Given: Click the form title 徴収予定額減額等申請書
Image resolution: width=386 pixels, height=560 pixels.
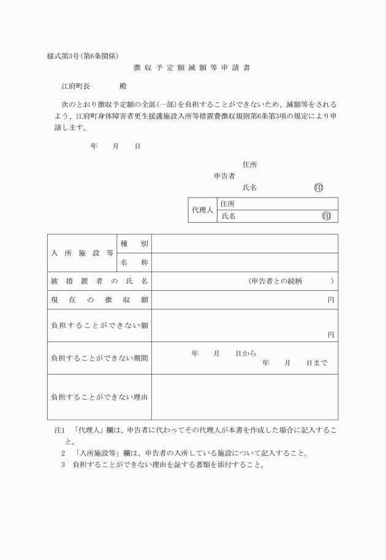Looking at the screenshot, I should [x=192, y=67].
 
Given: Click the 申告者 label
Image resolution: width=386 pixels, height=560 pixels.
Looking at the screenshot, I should [x=224, y=176].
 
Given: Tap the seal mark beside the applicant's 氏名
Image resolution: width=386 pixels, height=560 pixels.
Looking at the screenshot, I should [x=318, y=187].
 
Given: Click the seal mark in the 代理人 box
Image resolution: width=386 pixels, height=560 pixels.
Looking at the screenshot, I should [x=326, y=216].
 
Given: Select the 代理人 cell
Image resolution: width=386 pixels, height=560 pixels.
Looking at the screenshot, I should [x=202, y=210].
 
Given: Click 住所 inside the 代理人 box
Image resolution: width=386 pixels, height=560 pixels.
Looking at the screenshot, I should [x=229, y=204].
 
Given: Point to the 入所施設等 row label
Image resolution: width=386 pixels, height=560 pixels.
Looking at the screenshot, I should [x=82, y=252].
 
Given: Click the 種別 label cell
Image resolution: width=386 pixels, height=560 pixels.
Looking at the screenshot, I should [x=134, y=244].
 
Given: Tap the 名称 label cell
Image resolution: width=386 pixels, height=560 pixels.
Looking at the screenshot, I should [x=134, y=262].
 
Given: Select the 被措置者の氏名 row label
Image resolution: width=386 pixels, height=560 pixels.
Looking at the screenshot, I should [x=99, y=281].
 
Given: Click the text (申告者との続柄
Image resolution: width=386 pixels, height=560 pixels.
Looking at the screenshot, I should [x=275, y=281].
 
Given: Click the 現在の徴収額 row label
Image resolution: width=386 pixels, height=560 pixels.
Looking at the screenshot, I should [x=99, y=300].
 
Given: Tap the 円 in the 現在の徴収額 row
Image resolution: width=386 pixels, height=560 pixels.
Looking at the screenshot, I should [x=331, y=300].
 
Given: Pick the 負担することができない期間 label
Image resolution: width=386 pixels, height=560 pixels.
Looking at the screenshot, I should [x=99, y=358].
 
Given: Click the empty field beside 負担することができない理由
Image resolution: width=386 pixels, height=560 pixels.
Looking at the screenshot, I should [x=244, y=397].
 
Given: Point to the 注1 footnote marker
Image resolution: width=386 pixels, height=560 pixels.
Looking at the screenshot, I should [x=60, y=431].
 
